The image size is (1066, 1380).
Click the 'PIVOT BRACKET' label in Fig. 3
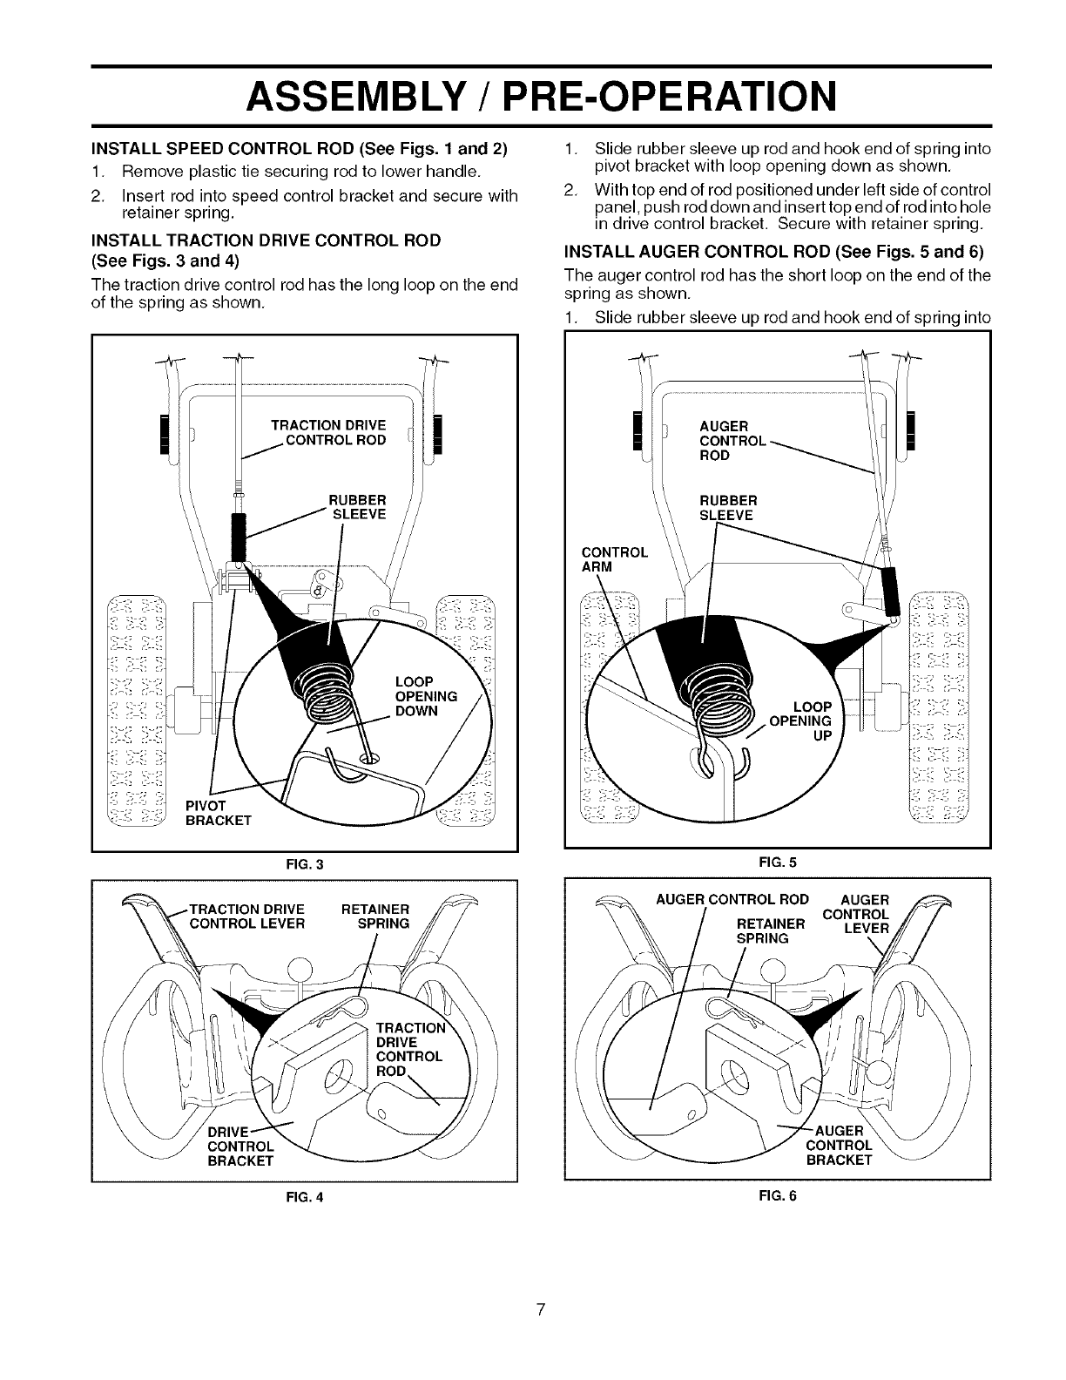coord(218,813)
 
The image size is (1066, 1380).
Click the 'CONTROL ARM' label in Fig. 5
coord(614,559)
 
